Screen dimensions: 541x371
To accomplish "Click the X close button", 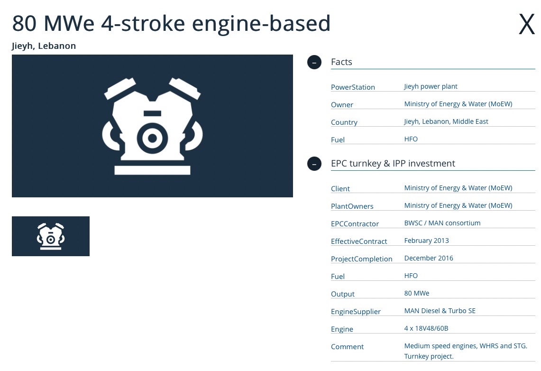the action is pos(526,24).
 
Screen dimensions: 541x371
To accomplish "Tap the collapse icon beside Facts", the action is pos(314,62).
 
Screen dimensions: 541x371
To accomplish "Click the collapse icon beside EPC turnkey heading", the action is pos(314,164).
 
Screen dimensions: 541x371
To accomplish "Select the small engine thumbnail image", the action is pos(51,236).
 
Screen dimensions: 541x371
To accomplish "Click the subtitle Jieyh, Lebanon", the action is pos(44,46).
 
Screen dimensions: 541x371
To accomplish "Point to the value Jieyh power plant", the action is pos(431,86).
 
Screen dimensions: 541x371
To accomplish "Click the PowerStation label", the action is pos(353,87).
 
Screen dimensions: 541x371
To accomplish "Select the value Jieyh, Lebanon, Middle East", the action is pos(446,121).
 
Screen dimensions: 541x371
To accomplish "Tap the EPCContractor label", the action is pos(355,223).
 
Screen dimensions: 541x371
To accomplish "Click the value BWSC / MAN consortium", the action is pos(442,223).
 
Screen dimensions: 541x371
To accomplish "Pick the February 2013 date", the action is pos(426,241).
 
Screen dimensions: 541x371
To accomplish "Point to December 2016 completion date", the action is pos(429,258).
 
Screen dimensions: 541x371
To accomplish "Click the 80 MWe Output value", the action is pos(417,293).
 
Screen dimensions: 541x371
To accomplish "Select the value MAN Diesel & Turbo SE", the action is pos(440,311).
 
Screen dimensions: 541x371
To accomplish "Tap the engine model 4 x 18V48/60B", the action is pos(426,328).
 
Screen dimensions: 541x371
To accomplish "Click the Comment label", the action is pos(347,346).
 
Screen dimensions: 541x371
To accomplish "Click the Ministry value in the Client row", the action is pos(458,188).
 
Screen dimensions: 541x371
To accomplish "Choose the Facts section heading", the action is pos(341,62).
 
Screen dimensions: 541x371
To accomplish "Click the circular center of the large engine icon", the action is pos(152,138).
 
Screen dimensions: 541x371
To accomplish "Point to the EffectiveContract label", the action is pos(359,241).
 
